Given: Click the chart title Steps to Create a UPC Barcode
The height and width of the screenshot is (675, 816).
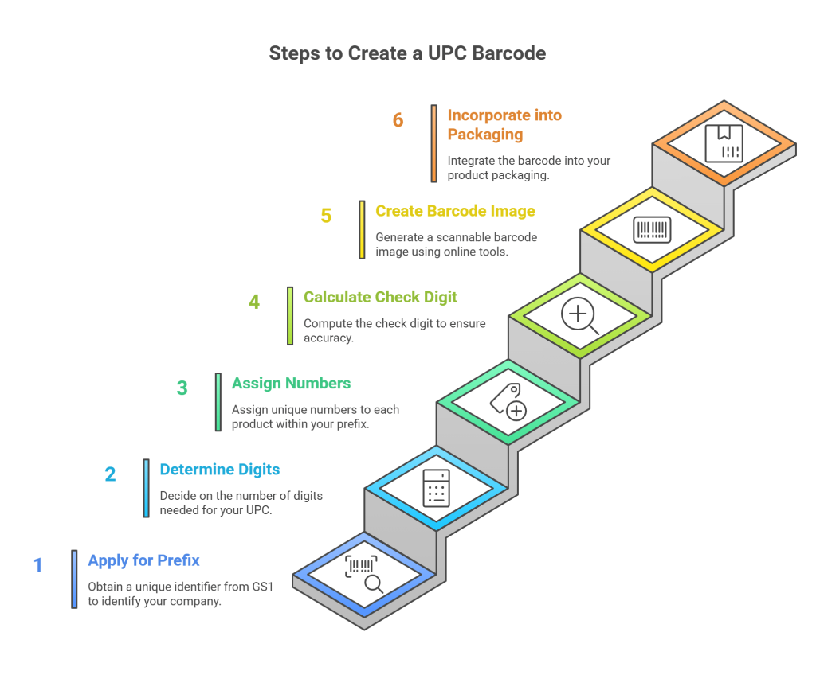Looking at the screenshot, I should coord(407,53).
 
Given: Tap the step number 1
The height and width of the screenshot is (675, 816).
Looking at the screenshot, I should coord(37,566).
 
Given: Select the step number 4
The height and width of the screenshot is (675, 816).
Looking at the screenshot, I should coord(254,302).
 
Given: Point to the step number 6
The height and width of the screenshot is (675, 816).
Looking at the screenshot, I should coord(398,120).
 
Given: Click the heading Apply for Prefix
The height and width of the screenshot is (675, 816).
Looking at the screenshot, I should coord(143,560).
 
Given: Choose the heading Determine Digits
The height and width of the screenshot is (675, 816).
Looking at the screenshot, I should coord(219,470).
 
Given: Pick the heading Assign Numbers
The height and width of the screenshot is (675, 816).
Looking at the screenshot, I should coord(291,384).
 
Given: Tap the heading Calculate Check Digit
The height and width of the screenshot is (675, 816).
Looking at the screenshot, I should coord(380,297).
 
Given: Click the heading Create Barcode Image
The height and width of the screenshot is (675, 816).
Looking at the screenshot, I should coord(455,211).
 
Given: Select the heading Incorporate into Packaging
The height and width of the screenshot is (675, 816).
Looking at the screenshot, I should coord(504,124).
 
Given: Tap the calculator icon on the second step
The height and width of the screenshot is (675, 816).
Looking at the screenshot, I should coord(436,487).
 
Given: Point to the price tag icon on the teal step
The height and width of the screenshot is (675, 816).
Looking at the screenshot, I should coord(508,400).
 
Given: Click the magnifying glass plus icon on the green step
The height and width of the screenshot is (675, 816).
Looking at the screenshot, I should coord(579,314).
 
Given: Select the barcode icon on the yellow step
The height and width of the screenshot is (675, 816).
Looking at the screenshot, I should coord(652,229).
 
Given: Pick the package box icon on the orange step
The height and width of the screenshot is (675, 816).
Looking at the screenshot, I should coord(724,143).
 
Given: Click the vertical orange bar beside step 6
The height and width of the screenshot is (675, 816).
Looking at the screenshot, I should coord(434,143).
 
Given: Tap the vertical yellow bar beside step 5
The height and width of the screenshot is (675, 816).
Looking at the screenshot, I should coord(362,229).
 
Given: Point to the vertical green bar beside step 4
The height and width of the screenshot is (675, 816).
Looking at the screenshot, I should coord(290,315).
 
